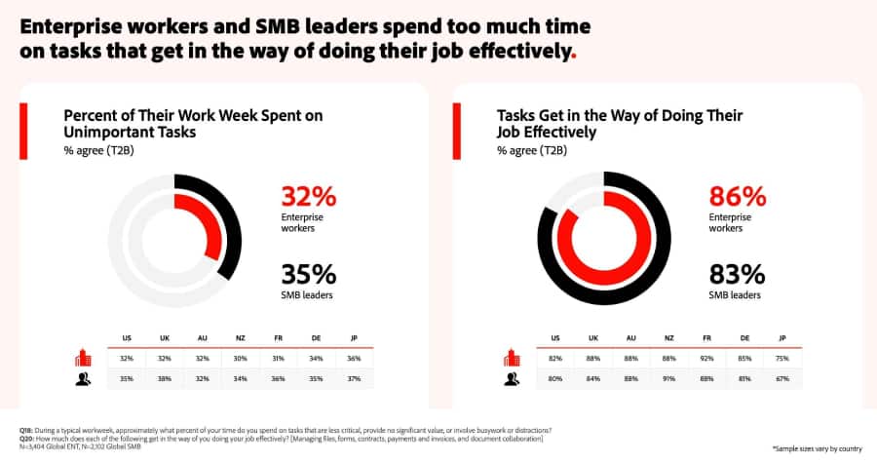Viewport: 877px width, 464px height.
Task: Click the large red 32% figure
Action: click(308, 197)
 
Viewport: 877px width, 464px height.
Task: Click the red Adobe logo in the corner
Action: click(849, 29)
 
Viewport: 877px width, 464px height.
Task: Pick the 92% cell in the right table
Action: click(706, 359)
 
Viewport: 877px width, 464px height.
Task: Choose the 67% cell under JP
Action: click(782, 379)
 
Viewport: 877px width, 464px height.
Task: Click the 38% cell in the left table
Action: click(165, 379)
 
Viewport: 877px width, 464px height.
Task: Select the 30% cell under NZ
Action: click(241, 359)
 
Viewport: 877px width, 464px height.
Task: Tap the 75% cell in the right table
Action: click(782, 359)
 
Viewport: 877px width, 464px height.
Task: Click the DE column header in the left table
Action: click(316, 337)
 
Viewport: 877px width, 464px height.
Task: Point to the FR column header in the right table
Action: click(706, 337)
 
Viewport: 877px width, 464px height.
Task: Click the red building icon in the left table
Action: click(83, 359)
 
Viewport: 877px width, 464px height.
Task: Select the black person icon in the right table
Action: click(511, 379)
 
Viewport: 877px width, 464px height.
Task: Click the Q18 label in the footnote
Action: click(26, 430)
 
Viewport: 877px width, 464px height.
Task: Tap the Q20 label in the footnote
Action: click(26, 438)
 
